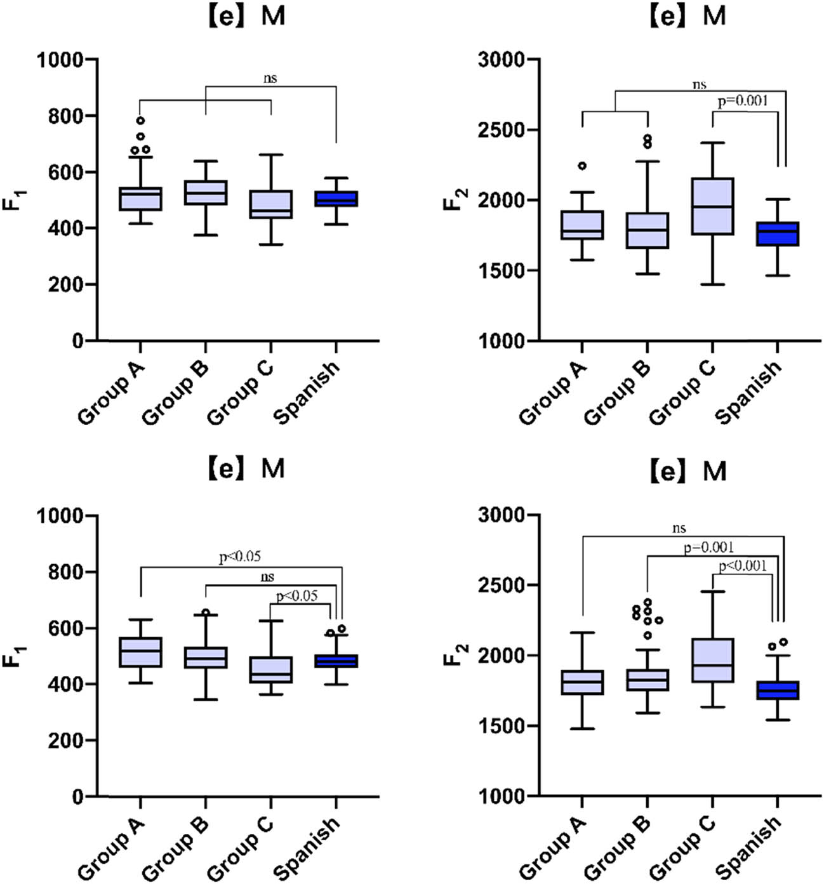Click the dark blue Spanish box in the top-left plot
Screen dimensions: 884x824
(x=336, y=199)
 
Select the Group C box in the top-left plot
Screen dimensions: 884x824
(x=271, y=204)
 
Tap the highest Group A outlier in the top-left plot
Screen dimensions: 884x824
(x=140, y=120)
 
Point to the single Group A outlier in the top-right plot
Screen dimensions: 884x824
(x=582, y=166)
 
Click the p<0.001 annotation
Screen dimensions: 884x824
(x=743, y=566)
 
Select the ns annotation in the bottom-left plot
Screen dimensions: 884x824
(x=267, y=577)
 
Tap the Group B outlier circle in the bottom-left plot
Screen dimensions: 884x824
(x=206, y=612)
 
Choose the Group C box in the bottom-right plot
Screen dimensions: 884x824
(x=712, y=660)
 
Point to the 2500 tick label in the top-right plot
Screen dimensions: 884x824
(x=502, y=130)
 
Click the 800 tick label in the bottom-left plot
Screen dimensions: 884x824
(x=65, y=572)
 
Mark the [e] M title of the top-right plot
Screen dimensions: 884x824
(x=688, y=15)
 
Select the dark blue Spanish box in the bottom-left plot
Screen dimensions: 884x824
(x=336, y=661)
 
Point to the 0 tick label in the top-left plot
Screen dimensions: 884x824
(x=77, y=341)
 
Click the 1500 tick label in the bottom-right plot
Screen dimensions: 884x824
(x=502, y=726)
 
